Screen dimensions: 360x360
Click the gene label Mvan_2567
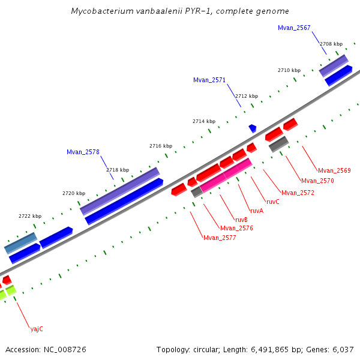click(x=294, y=28)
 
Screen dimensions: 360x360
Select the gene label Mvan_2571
click(x=209, y=80)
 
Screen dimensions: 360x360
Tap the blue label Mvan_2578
click(x=83, y=152)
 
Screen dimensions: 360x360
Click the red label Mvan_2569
click(x=334, y=171)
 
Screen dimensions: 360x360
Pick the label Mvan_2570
click(x=317, y=181)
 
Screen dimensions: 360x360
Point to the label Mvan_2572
click(x=298, y=193)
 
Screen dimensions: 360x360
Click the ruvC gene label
click(x=273, y=202)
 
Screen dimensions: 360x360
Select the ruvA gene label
click(x=257, y=211)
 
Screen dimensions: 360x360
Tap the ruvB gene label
click(x=241, y=220)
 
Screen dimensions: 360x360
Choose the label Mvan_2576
click(x=236, y=228)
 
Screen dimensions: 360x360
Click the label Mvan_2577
click(x=220, y=238)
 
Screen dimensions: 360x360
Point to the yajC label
click(x=37, y=329)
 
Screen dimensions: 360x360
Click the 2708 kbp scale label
click(x=331, y=44)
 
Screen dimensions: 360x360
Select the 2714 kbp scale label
click(x=203, y=121)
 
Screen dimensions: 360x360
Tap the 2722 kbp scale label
click(x=30, y=216)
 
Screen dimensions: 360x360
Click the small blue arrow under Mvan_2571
click(x=253, y=128)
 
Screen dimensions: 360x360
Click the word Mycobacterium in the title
click(x=98, y=11)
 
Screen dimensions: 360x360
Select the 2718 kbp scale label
click(x=118, y=170)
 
